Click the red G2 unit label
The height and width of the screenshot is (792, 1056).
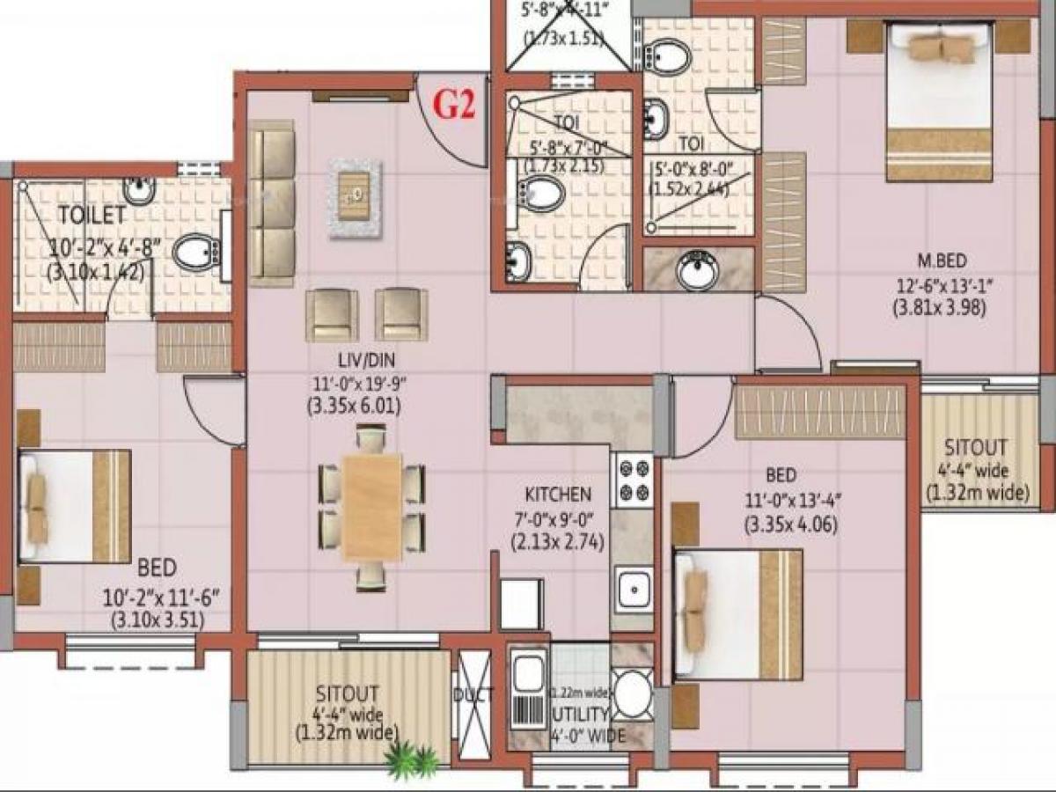[x=456, y=106]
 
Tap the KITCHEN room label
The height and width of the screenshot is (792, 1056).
[x=558, y=495]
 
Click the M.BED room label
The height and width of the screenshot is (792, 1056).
[x=942, y=260]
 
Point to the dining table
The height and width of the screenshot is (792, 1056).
[x=371, y=506]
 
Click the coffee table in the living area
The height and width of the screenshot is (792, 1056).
[x=356, y=199]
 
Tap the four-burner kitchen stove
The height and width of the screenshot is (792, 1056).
[x=634, y=479]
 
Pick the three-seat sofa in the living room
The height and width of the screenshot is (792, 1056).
[x=271, y=204]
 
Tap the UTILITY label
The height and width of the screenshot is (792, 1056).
[x=579, y=714]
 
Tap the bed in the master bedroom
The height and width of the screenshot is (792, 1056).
[x=939, y=100]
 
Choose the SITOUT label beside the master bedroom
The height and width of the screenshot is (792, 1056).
[x=977, y=447]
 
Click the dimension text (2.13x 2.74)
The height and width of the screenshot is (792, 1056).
[x=558, y=542]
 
